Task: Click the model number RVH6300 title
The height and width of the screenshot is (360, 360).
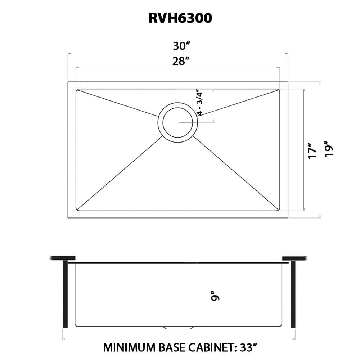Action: [x=180, y=18]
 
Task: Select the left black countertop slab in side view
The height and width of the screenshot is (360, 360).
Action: [x=63, y=258]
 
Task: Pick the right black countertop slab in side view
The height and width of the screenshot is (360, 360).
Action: [x=295, y=258]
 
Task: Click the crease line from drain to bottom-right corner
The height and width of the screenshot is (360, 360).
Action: [x=236, y=173]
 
